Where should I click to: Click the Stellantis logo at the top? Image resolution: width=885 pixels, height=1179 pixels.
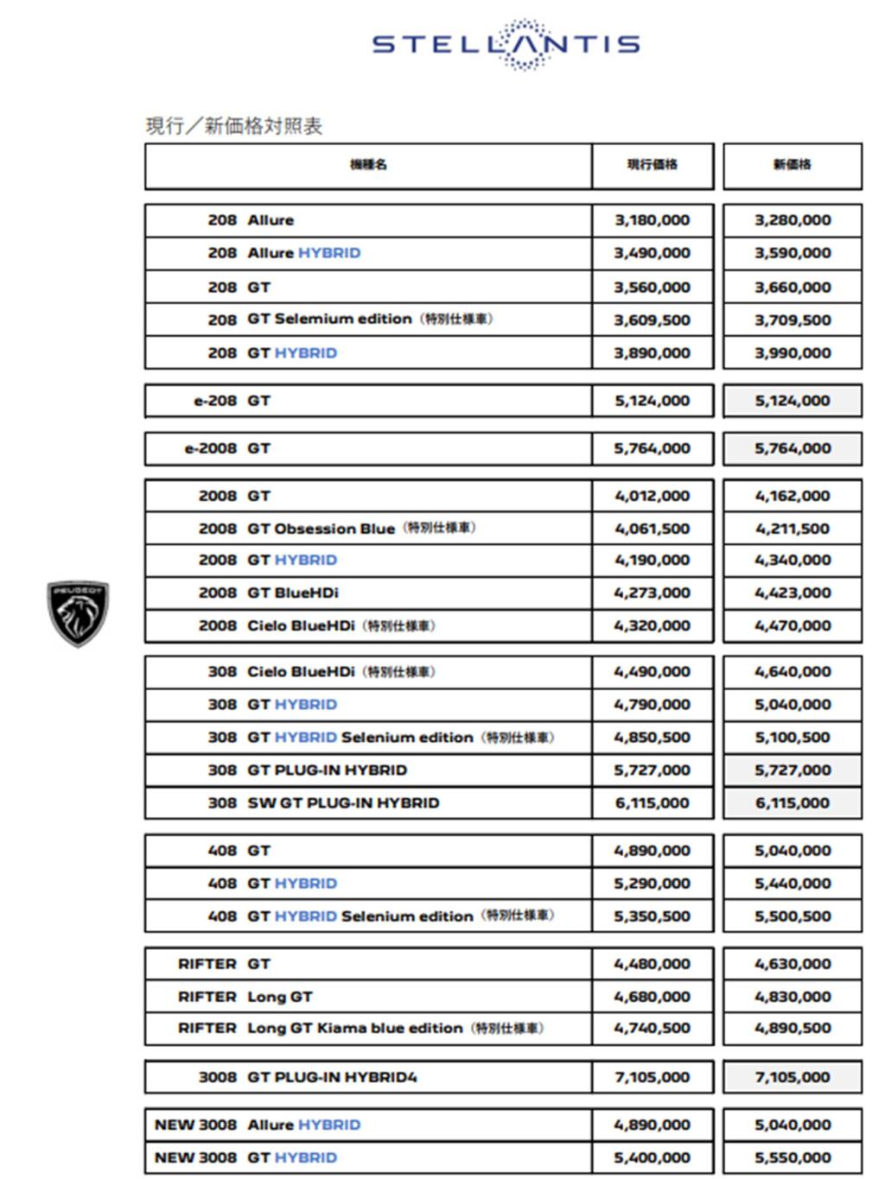[506, 44]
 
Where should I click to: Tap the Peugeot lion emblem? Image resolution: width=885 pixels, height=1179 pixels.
[78, 613]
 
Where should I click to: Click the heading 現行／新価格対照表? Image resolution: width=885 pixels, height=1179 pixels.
[234, 126]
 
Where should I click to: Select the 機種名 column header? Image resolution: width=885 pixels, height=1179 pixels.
[368, 165]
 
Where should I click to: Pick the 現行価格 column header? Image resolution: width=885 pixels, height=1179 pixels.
[653, 165]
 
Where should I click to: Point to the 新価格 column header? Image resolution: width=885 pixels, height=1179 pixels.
[792, 165]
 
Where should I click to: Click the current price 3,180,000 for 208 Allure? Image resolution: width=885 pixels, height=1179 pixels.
[653, 220]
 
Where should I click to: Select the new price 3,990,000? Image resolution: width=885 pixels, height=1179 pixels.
[792, 353]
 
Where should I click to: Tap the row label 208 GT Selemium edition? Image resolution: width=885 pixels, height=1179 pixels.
[350, 320]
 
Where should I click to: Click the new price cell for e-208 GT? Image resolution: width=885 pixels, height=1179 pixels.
[792, 401]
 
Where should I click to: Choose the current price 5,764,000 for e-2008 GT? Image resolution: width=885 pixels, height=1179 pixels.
[653, 448]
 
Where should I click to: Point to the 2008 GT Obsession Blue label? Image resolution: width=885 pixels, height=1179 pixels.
[337, 529]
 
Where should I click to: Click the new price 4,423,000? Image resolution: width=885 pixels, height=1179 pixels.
[792, 593]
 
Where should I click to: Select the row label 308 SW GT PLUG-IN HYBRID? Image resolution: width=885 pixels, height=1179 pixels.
[324, 803]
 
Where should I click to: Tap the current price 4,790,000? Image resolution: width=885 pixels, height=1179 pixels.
[653, 705]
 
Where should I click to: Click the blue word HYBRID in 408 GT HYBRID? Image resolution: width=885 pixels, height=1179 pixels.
[306, 884]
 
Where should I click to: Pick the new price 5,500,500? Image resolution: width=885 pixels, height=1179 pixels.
[792, 916]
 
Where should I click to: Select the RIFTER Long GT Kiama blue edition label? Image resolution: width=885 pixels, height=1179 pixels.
[360, 1029]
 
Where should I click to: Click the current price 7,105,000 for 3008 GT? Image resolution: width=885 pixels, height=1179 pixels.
[653, 1077]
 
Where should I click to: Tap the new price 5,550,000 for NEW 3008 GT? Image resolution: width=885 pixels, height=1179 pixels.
[792, 1158]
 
